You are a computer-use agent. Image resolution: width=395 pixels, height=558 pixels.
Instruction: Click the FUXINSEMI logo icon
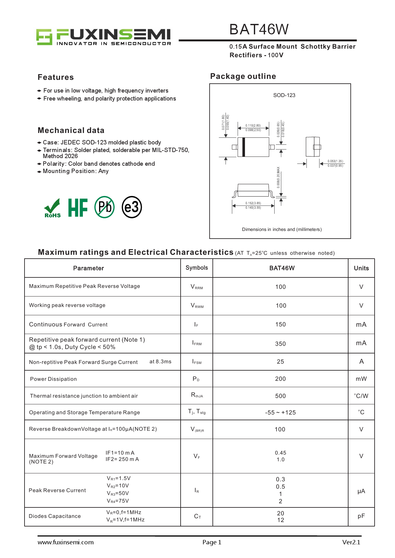[x=44, y=37]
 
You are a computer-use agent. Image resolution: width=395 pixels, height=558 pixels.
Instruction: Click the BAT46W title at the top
[x=259, y=30]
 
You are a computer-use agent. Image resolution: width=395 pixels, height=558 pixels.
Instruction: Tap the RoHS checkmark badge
[x=52, y=208]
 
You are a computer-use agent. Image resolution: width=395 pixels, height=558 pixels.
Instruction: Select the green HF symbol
[x=78, y=207]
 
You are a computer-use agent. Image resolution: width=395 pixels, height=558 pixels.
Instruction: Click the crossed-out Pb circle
[x=104, y=207]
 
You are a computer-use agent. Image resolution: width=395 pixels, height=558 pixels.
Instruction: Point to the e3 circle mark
[x=132, y=207]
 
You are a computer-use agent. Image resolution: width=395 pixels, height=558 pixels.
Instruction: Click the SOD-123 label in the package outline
[x=284, y=95]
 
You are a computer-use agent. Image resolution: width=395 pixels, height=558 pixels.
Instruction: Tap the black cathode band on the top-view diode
[x=244, y=147]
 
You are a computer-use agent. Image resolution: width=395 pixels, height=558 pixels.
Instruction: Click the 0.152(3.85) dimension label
[x=253, y=203]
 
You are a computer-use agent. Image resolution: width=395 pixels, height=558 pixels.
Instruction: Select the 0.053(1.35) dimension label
[x=335, y=161]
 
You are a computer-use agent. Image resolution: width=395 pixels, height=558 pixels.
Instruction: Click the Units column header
[x=361, y=268]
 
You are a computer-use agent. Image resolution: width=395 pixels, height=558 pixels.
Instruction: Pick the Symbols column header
[x=197, y=268]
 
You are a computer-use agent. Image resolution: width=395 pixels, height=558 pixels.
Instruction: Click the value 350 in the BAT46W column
[x=280, y=344]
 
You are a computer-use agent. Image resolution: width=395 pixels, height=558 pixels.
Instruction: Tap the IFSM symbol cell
[x=197, y=362]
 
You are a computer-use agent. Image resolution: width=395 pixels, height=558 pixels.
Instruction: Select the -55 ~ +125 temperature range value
[x=280, y=412]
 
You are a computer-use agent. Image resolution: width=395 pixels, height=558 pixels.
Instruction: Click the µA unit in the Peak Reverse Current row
[x=361, y=491]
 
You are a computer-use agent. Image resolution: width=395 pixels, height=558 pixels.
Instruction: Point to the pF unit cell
[x=361, y=516]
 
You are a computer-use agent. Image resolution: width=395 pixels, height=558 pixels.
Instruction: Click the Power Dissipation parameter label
[x=54, y=379]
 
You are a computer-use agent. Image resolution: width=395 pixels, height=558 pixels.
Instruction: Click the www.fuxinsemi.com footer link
[x=66, y=542]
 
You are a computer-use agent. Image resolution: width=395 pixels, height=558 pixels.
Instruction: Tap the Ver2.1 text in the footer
[x=351, y=542]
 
